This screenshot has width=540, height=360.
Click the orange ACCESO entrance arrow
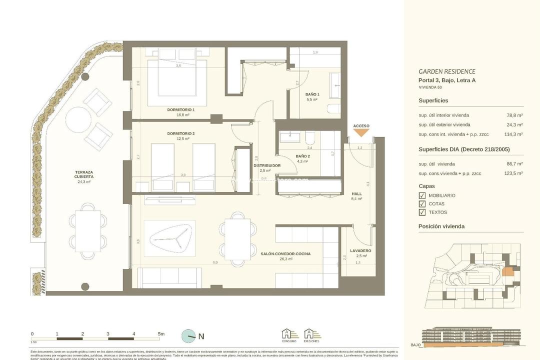(361, 132)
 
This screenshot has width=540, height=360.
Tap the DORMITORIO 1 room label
(180, 109)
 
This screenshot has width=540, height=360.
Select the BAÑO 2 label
(303, 156)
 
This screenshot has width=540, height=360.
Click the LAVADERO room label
(360, 250)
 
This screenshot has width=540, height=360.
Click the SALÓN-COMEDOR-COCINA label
(285, 254)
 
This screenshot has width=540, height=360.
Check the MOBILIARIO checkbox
(422, 195)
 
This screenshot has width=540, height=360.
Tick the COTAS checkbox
(422, 204)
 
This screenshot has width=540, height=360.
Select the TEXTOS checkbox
(422, 212)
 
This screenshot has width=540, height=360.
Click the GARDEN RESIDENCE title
(446, 71)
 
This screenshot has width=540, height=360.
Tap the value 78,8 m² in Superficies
(514, 114)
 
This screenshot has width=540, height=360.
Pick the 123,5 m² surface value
(513, 173)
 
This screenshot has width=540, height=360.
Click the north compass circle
(188, 336)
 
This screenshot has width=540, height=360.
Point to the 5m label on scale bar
(161, 333)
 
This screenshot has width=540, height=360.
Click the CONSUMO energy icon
(289, 334)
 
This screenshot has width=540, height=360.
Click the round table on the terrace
(78, 118)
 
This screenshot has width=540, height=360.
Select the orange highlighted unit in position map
(507, 271)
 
